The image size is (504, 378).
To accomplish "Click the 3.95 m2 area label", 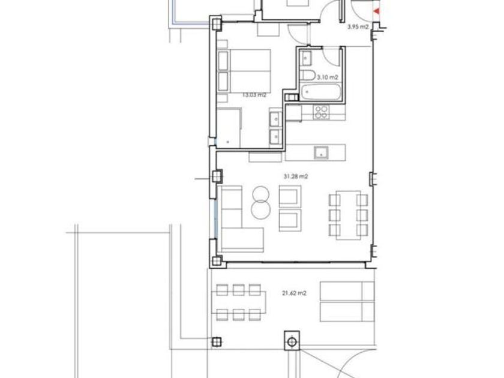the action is point(358,26).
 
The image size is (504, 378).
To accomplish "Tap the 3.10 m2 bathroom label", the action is point(328,77).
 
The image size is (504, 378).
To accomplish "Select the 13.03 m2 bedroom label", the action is point(254,95).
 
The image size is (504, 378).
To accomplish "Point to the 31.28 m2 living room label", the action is point(296,176).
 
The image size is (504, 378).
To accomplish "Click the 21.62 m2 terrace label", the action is point(294,293).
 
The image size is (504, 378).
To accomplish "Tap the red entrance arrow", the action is point(376,11).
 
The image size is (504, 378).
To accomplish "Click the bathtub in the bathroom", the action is point(320,92).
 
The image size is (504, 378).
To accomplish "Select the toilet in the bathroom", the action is point(308,76).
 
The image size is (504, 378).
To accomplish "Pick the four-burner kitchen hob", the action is point(321,112).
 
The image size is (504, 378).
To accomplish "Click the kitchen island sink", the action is point(321,152).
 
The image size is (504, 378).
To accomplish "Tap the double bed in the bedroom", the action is point(244,70).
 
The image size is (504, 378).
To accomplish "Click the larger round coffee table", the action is point(260,209).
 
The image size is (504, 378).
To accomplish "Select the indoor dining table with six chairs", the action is point(349,215).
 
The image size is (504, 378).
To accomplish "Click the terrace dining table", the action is point(239,302).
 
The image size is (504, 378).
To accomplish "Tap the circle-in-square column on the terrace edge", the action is point(292,341).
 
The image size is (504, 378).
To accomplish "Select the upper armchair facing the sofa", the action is point(290,196).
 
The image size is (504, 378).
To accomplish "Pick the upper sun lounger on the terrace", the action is point(347,292).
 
